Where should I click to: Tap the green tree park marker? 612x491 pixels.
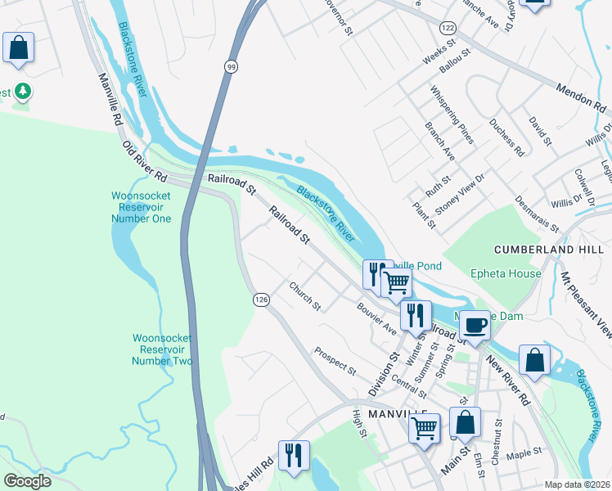(x=22, y=92)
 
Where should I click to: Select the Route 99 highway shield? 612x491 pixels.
(x=232, y=66)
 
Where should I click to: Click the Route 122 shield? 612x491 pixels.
(x=447, y=28)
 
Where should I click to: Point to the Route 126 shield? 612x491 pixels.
(x=260, y=300)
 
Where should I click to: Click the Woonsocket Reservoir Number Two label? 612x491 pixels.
(x=162, y=349)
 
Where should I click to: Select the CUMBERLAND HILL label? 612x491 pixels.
(x=541, y=248)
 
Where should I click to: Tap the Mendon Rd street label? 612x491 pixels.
(x=579, y=99)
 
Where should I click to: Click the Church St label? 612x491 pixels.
(x=304, y=296)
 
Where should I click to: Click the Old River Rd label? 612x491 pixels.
(x=145, y=160)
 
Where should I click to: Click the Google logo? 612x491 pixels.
(x=27, y=480)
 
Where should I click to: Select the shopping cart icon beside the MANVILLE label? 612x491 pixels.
(x=424, y=426)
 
